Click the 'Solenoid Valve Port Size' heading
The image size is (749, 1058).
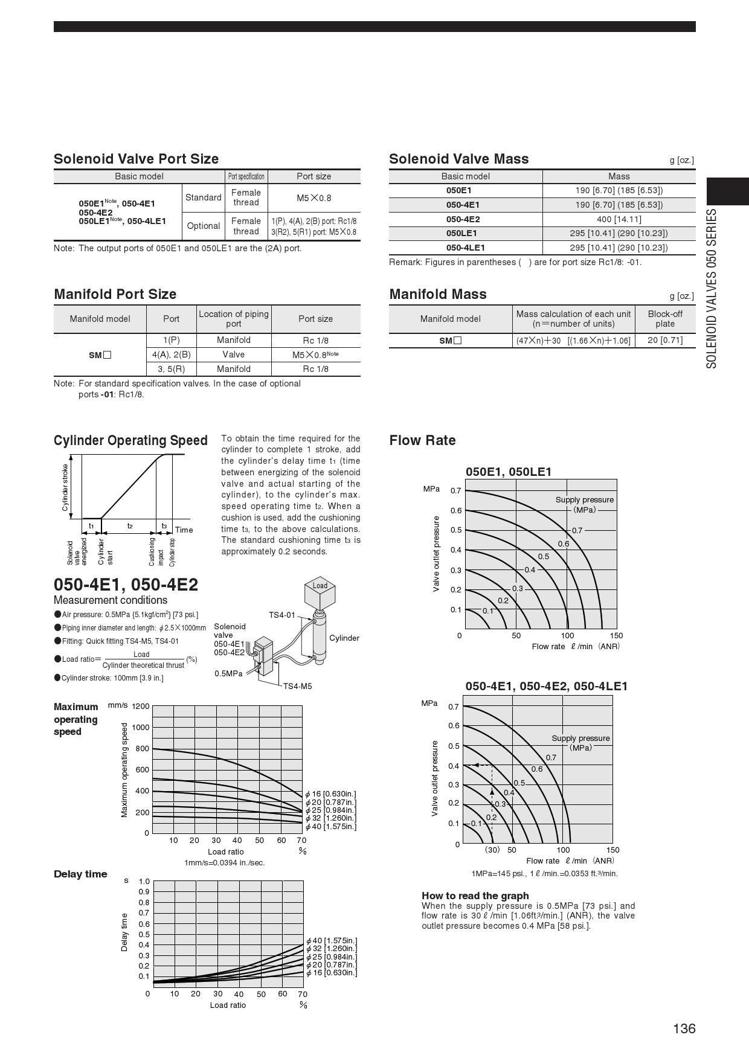[136, 159]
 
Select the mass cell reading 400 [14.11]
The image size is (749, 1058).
[619, 219]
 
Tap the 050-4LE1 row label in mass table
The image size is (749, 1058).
[465, 248]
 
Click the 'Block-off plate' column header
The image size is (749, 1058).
[664, 319]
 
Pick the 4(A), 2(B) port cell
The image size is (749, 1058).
[171, 354]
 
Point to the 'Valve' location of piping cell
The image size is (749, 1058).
[233, 354]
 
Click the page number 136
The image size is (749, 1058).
[684, 1028]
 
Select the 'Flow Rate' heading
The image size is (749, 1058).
[422, 440]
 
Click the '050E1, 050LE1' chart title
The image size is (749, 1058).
[508, 472]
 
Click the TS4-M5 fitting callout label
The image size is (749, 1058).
[297, 686]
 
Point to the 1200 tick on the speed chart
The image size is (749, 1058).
[140, 706]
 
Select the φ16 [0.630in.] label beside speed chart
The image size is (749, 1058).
[330, 793]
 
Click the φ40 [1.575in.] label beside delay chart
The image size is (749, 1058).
[331, 940]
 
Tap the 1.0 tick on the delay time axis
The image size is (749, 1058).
[144, 881]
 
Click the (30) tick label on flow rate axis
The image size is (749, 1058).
[492, 850]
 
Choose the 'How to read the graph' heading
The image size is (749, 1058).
[475, 896]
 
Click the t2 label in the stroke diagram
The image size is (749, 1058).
[129, 526]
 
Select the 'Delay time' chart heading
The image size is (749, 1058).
[80, 874]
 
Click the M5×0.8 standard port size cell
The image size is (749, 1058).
[313, 197]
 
